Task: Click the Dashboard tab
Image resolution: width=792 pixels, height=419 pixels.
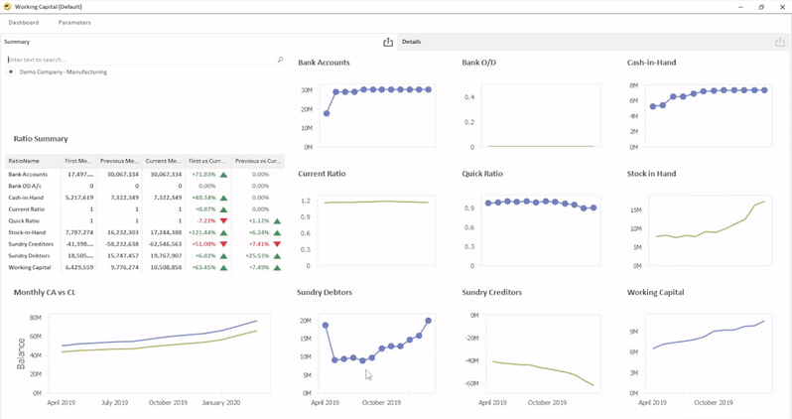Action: tap(24, 22)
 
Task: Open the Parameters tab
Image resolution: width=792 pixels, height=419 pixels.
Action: tap(74, 22)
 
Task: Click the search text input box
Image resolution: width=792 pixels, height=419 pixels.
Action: tap(139, 60)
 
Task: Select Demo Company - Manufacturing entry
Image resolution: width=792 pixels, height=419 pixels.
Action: tap(63, 72)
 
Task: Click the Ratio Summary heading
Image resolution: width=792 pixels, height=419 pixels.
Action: tap(41, 139)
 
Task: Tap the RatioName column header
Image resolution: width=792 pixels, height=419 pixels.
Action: tap(24, 160)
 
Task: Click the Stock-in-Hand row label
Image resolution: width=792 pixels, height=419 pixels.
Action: tap(27, 232)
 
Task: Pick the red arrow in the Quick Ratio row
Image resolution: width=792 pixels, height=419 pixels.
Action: tap(224, 221)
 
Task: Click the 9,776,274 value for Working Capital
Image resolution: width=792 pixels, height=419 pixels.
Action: tap(124, 267)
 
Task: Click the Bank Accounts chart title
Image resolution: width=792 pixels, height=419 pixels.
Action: tap(324, 63)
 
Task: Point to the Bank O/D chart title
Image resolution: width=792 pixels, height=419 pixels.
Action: tap(478, 63)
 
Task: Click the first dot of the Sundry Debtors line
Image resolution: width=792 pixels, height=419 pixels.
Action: tap(326, 326)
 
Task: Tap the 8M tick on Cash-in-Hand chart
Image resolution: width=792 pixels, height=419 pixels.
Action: tap(632, 85)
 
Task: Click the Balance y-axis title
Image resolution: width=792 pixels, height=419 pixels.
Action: tap(21, 353)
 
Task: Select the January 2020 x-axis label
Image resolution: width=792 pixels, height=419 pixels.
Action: tap(220, 403)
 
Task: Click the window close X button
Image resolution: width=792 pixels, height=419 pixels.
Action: tap(782, 7)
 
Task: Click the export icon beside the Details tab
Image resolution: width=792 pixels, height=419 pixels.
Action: tap(388, 42)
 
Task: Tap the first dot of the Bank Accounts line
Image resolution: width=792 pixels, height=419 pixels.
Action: tap(327, 113)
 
